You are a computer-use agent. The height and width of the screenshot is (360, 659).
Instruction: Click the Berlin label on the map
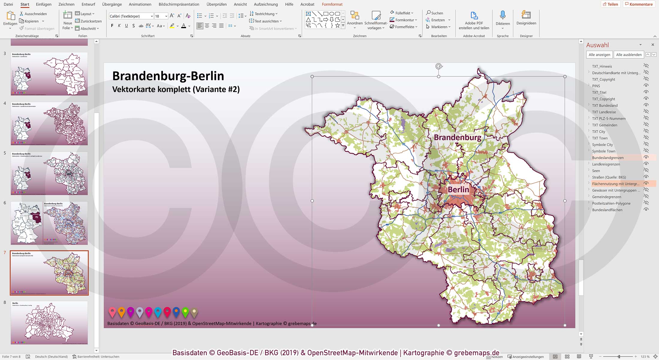458,189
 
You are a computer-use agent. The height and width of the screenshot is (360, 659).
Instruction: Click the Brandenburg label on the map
457,138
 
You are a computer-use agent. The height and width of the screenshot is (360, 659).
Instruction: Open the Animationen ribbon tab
140,4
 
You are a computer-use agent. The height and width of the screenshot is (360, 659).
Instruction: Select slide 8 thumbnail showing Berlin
49,323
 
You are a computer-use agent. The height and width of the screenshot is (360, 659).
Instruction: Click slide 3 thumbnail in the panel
49,74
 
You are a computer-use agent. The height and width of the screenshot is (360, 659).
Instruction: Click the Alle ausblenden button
629,55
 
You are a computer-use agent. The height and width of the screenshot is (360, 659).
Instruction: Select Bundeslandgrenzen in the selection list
608,158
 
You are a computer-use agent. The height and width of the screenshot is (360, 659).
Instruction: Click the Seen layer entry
596,171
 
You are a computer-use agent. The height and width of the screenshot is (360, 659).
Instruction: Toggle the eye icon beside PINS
646,86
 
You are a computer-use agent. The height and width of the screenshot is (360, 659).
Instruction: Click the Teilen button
610,4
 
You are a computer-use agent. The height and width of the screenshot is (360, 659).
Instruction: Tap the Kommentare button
639,4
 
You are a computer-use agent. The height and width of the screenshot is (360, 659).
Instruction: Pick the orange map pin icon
121,312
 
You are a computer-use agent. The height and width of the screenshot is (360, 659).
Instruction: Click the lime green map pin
185,312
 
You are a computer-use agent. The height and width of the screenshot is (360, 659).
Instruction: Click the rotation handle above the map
439,66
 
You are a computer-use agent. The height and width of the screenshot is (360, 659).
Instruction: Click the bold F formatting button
112,26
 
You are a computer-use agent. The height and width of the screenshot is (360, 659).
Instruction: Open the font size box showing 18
159,16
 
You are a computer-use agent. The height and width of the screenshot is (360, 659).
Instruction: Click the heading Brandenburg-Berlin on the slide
168,76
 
